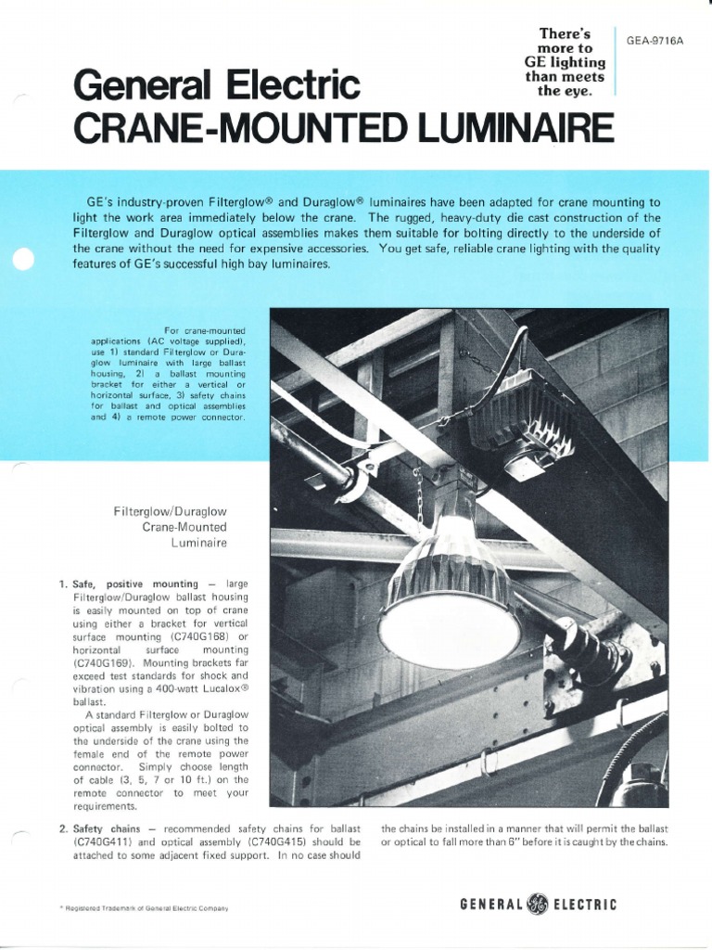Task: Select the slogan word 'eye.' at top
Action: (581, 91)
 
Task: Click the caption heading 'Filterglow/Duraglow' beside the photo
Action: (171, 511)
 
